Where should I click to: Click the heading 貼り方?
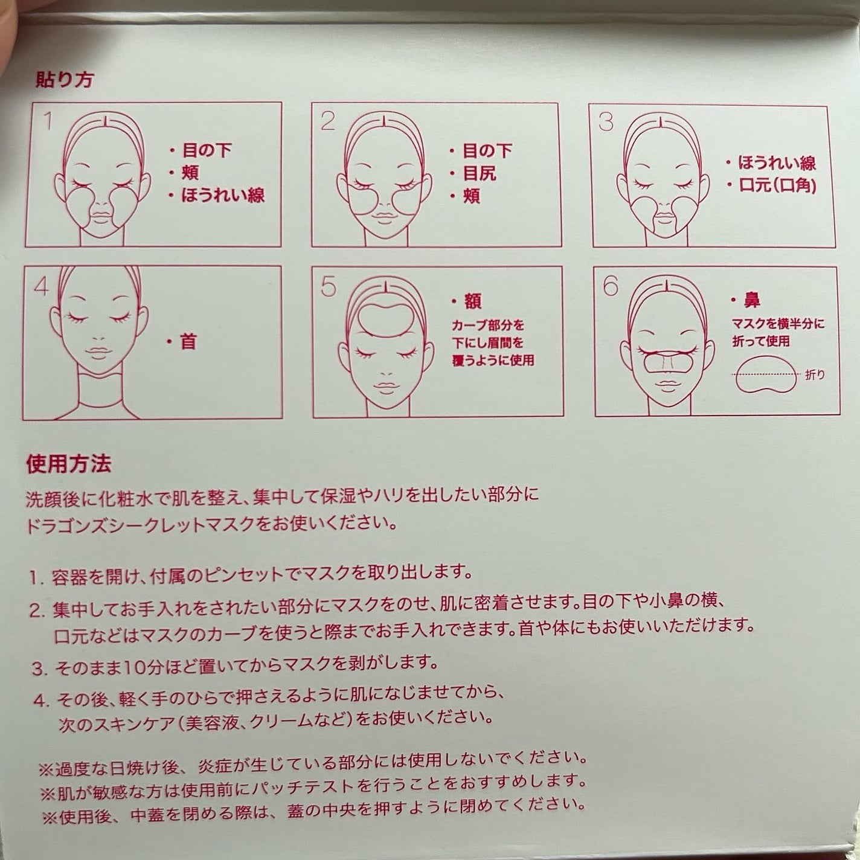point(64,80)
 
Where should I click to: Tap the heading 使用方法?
point(69,464)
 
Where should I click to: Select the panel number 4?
point(41,286)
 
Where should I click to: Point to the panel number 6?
point(611,286)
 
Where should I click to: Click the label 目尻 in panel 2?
point(480,173)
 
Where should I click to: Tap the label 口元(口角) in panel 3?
point(777,185)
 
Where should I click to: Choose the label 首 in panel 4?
point(188,342)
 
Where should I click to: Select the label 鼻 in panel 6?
point(752,301)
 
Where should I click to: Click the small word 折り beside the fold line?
point(815,375)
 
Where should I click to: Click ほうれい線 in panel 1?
point(223,196)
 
